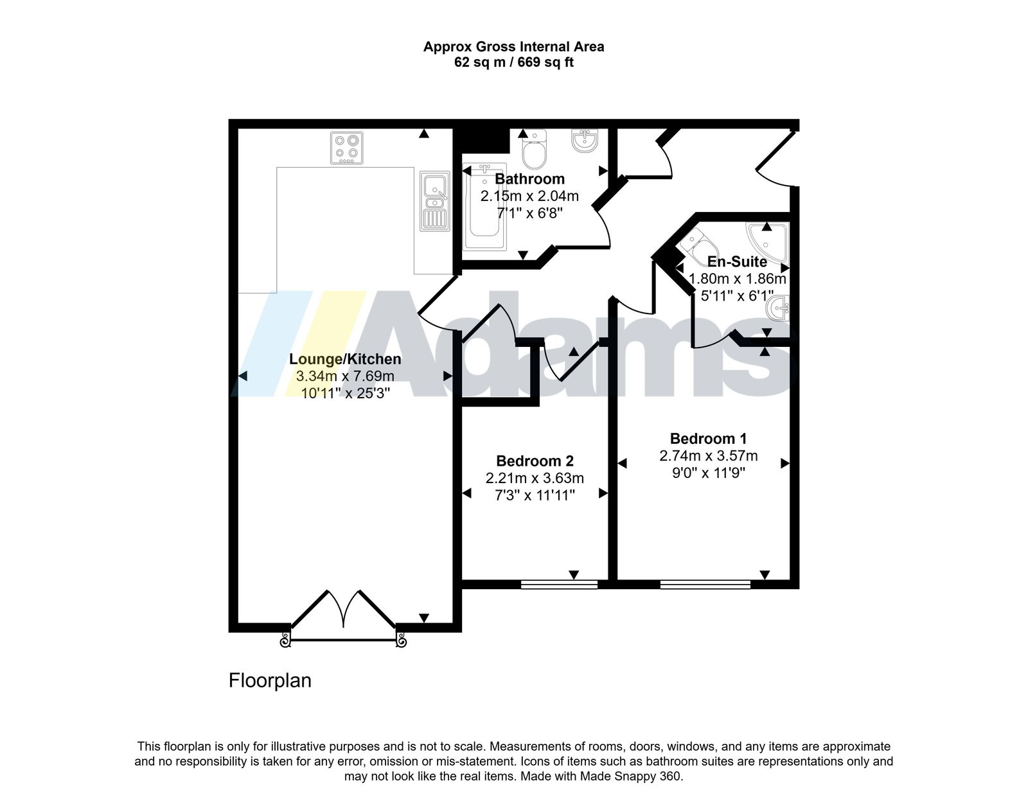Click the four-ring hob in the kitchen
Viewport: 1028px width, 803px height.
(347, 148)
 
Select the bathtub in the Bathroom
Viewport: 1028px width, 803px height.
(485, 207)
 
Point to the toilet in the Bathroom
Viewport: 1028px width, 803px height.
(535, 150)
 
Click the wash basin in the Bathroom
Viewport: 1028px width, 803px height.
(585, 141)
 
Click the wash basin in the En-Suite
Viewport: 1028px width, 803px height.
(778, 308)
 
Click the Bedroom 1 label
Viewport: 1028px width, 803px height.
(708, 438)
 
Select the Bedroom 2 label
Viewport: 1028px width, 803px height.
(535, 461)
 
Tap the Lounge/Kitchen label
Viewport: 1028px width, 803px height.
(346, 359)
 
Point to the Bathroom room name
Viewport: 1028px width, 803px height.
(530, 179)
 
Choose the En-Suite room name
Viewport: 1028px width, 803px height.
(737, 261)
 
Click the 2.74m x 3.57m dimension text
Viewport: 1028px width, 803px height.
(709, 455)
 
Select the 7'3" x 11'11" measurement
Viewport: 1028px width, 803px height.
(535, 495)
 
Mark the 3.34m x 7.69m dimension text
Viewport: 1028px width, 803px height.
(346, 376)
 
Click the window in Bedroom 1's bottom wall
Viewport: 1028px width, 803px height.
(705, 585)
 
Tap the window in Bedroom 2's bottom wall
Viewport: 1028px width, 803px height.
(559, 585)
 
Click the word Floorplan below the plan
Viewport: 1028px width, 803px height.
(270, 680)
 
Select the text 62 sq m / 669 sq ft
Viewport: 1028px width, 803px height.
(514, 62)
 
